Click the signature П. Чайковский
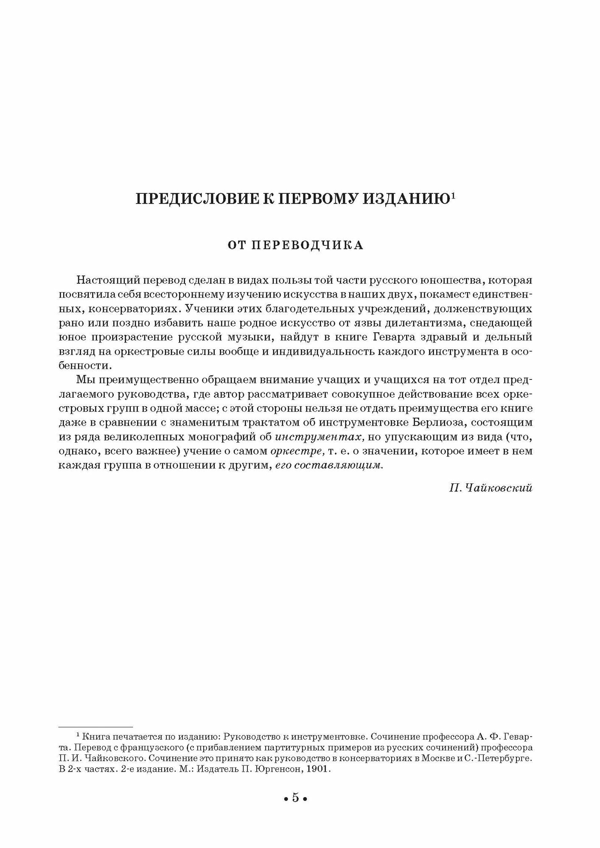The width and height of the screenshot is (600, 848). (491, 488)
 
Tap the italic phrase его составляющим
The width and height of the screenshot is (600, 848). (329, 465)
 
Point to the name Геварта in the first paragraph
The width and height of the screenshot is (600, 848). (398, 337)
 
